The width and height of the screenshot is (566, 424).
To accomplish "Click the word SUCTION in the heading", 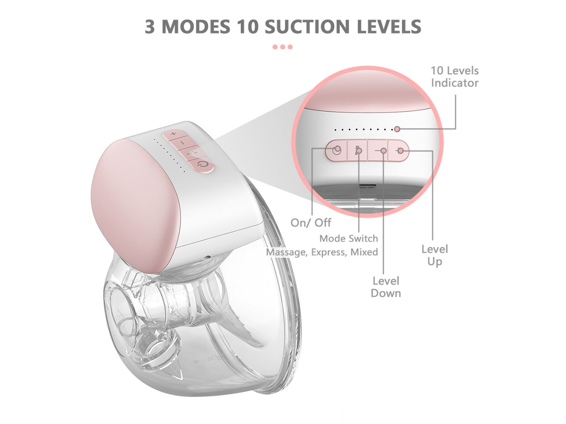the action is tap(307, 27).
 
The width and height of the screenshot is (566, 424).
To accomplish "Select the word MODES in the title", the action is tap(196, 27).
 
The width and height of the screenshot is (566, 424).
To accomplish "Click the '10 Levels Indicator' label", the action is tap(454, 77).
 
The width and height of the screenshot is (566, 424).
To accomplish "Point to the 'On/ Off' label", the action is tap(311, 223).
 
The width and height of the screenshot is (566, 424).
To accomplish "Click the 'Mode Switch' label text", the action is tap(349, 239).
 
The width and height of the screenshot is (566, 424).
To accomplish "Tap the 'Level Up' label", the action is tap(434, 255).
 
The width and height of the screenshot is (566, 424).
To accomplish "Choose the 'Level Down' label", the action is tap(386, 287).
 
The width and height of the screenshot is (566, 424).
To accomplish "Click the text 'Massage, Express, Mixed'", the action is tap(322, 252).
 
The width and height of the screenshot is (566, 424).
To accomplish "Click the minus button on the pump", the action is tap(183, 143).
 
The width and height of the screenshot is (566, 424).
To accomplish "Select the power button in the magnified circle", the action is tap(337, 150).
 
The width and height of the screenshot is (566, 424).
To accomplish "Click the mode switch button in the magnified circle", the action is tap(357, 150).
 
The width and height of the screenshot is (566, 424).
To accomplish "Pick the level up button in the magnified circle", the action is tap(399, 150).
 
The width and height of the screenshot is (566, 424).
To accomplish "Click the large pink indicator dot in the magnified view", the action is tap(397, 129).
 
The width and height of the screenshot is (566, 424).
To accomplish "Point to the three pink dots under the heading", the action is tap(283, 47).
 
